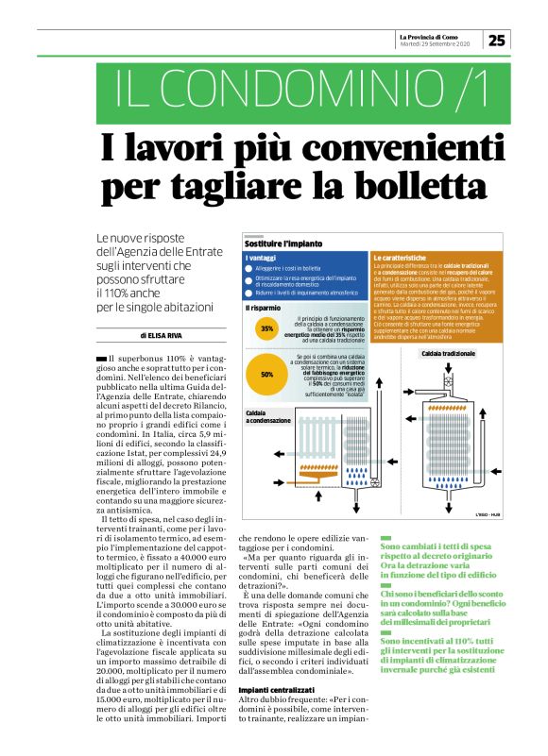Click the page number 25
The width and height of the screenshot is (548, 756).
497,40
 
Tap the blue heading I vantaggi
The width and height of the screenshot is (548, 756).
260,258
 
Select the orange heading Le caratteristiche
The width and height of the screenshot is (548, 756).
402,258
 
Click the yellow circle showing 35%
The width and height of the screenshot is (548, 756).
267,329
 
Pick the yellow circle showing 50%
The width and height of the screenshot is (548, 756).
267,374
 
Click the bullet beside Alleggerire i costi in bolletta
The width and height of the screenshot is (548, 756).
248,269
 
